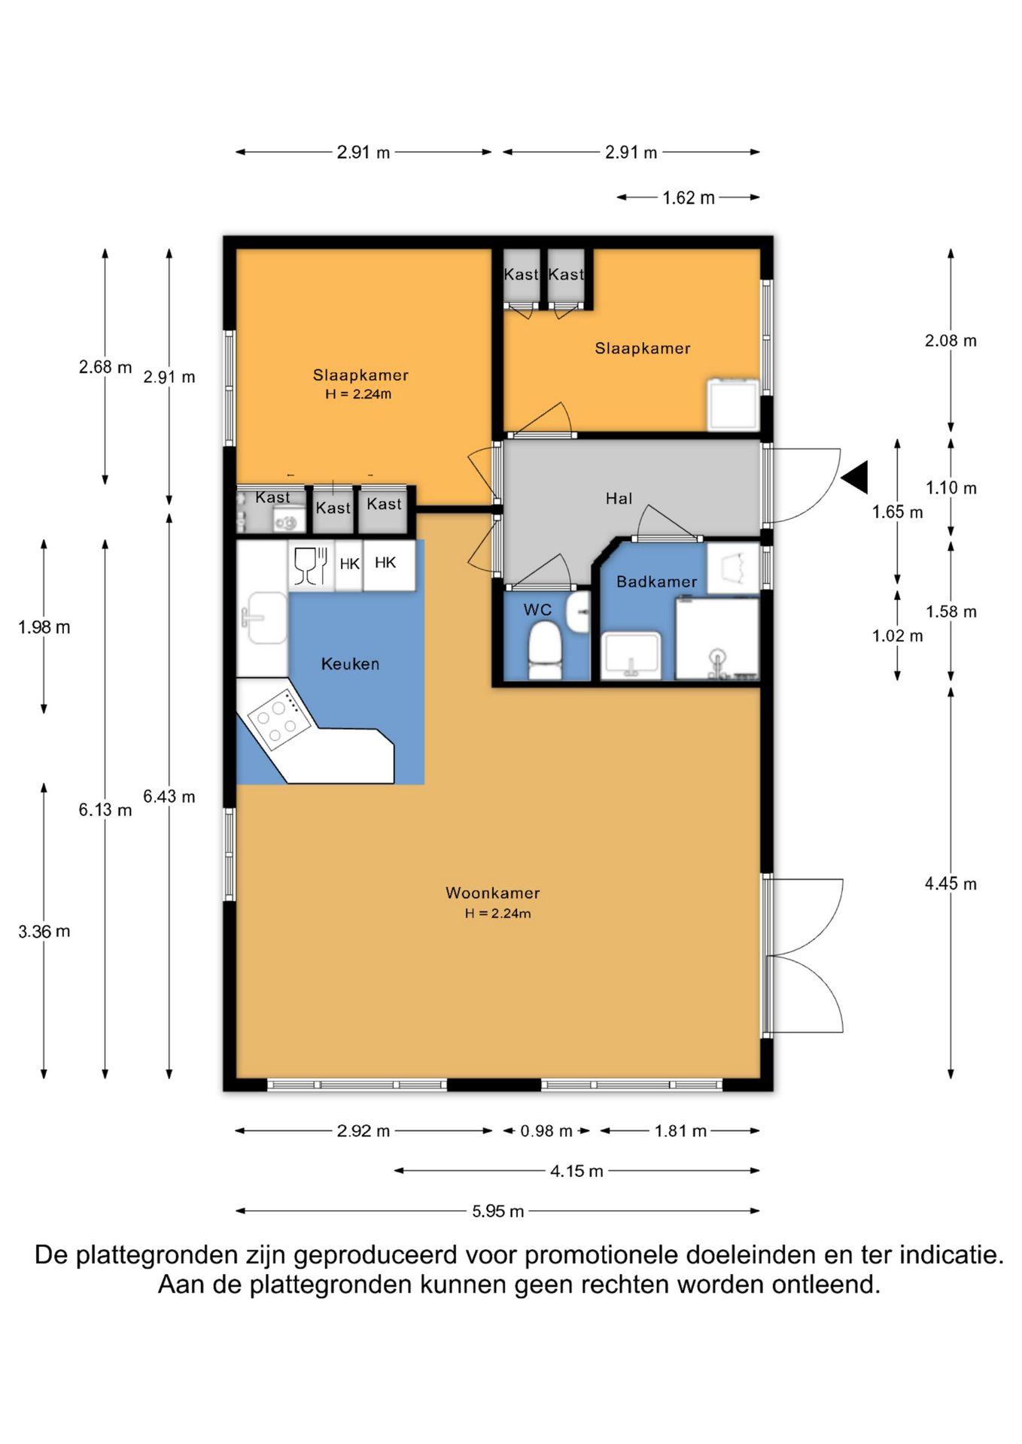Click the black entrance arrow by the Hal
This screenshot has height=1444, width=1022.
(x=855, y=478)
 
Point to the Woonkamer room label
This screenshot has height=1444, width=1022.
(x=493, y=893)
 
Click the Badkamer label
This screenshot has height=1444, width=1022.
(x=656, y=581)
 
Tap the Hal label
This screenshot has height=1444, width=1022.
(x=619, y=498)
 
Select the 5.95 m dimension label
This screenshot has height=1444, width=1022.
(x=498, y=1211)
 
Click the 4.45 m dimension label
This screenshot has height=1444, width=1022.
(x=951, y=884)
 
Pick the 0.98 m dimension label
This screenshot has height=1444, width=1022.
(x=546, y=1130)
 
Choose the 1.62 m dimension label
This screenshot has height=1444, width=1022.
(x=689, y=198)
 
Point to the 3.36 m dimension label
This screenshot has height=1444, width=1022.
(x=44, y=931)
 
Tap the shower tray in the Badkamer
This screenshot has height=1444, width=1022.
(x=717, y=639)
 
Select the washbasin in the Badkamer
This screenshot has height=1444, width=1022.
(x=631, y=655)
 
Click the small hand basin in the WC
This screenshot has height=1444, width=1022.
(x=579, y=611)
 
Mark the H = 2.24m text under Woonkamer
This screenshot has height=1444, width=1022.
(x=497, y=914)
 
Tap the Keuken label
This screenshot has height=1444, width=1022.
(x=350, y=663)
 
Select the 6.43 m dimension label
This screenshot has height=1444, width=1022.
(x=169, y=796)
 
